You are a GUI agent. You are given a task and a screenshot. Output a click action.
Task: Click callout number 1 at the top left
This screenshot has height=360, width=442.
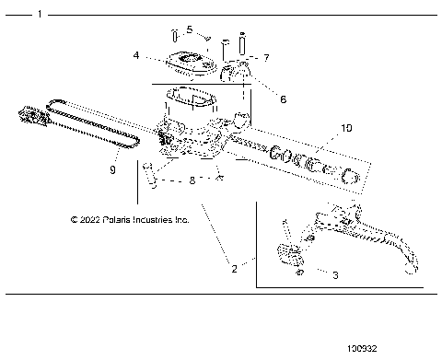click(x=38, y=16)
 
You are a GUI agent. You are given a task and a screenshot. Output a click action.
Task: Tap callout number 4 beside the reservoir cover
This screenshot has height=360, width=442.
click(x=135, y=55)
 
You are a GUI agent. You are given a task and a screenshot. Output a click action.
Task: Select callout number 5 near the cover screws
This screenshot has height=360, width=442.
click(x=189, y=29)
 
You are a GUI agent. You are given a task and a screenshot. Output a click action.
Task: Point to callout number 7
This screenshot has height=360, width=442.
click(x=266, y=58)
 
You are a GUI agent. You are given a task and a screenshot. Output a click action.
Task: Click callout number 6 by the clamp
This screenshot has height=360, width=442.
click(x=283, y=99)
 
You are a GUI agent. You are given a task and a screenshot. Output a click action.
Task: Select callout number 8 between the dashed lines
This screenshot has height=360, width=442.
click(x=191, y=181)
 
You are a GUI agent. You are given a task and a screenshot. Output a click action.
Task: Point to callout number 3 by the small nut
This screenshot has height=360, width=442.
click(x=335, y=274)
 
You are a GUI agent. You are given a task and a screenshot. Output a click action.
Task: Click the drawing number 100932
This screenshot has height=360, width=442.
click(x=363, y=350)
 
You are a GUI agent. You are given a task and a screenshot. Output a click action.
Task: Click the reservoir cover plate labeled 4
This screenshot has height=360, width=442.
click(x=190, y=62)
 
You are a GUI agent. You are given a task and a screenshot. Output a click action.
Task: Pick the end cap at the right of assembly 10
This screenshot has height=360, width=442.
click(x=350, y=179)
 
